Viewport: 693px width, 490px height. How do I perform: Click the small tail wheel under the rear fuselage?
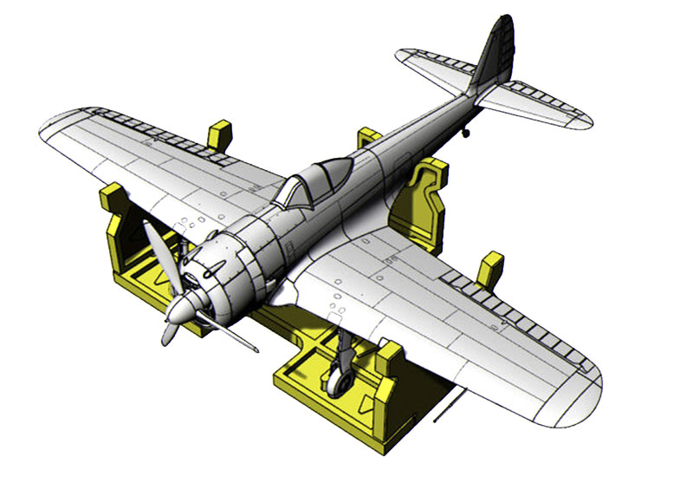pyautogui.click(x=466, y=133)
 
